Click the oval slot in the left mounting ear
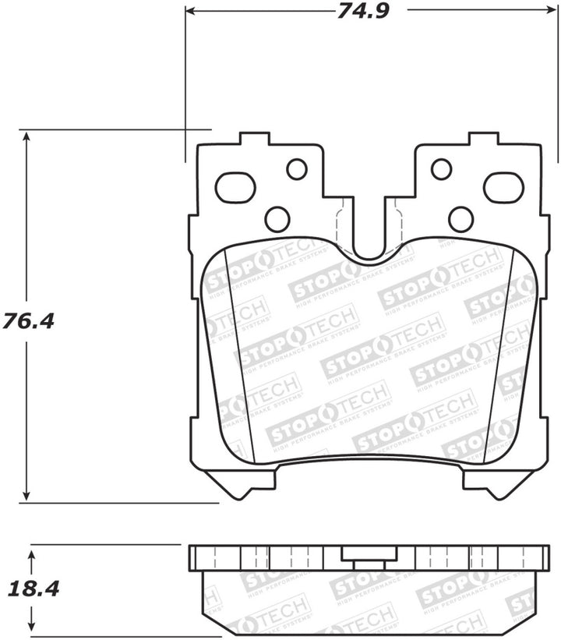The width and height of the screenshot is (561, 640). tap(235, 187)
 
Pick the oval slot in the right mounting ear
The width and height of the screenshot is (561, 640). tap(503, 187)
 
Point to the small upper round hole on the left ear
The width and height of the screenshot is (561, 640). tap(297, 168)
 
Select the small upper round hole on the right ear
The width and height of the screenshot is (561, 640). tap(441, 168)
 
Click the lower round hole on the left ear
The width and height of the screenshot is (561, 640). tap(277, 219)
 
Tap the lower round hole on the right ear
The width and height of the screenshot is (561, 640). tap(460, 219)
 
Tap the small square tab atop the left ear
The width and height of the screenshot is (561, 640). tap(254, 140)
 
